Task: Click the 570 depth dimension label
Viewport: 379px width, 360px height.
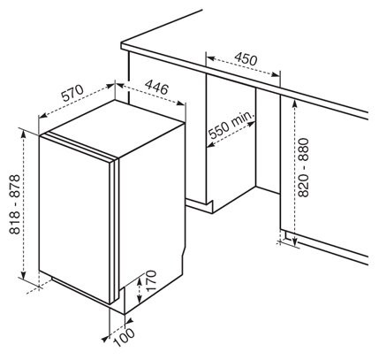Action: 72,94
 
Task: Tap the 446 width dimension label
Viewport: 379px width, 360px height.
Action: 157,88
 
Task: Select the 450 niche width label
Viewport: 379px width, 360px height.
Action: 246,59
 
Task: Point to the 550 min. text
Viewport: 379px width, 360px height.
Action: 231,125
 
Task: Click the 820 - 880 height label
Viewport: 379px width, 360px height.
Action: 303,167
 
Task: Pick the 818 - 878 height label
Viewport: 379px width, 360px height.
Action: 14,204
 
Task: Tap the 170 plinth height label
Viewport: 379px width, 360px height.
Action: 150,281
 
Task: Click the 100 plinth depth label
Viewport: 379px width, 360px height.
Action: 125,338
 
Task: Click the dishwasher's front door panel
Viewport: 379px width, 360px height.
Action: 74,218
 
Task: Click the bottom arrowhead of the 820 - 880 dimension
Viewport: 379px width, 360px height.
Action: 295,241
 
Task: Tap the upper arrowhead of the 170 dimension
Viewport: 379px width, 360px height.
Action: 139,281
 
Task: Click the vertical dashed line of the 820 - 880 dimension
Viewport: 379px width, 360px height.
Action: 295,172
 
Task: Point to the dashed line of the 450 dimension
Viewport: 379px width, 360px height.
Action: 243,66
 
